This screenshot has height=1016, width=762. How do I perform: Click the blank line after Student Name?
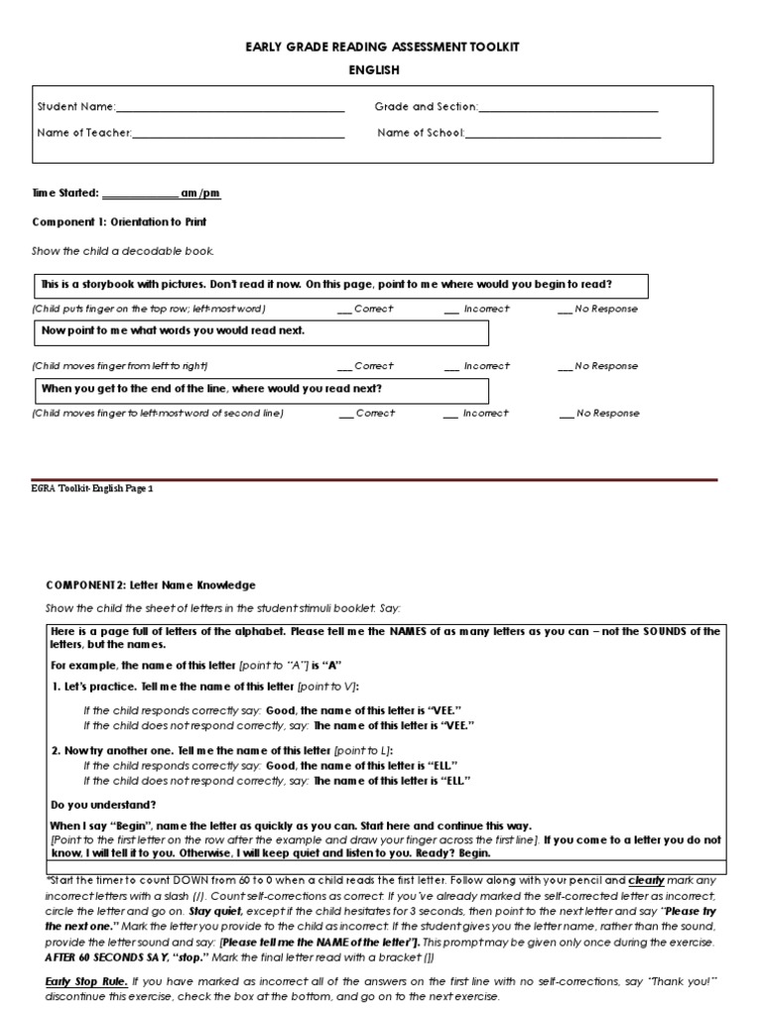click(x=230, y=108)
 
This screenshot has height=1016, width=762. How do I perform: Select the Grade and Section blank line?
click(x=569, y=108)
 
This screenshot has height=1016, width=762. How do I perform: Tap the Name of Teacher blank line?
click(x=238, y=134)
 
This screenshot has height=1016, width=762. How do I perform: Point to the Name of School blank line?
click(x=563, y=134)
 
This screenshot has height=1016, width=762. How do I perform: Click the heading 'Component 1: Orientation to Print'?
click(x=119, y=222)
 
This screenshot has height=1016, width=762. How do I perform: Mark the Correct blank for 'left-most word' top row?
click(x=345, y=310)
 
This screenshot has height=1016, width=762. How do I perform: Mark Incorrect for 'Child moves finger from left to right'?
click(x=450, y=366)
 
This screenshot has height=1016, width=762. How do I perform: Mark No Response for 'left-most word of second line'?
click(x=566, y=414)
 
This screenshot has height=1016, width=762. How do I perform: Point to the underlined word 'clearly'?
click(x=646, y=880)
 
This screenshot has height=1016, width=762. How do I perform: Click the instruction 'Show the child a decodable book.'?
click(x=123, y=251)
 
